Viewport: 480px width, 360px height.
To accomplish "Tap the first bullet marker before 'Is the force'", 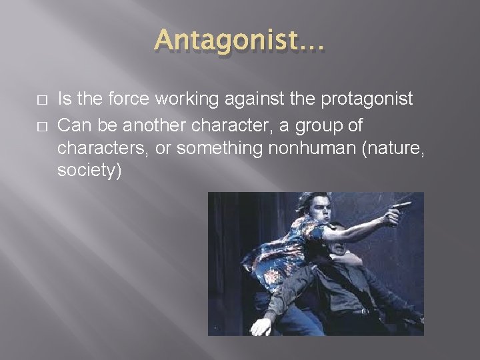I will (x=43, y=100).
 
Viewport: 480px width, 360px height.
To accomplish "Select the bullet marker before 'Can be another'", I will (x=43, y=125).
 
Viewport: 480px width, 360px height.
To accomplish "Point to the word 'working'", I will (x=182, y=101).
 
